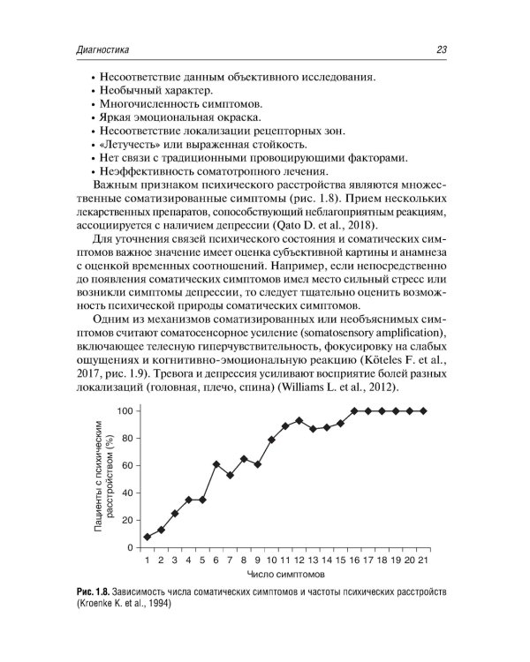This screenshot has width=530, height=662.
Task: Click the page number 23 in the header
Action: coord(439,50)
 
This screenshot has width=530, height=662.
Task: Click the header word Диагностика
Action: coord(104,50)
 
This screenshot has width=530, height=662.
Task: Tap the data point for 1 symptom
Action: coord(147,537)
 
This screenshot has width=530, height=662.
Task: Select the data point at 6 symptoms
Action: coord(216,464)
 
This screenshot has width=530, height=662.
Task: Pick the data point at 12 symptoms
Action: coord(299,420)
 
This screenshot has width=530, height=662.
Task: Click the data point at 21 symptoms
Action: coord(424,410)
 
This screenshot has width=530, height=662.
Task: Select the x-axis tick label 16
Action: coord(354,561)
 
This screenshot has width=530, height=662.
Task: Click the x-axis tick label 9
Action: coord(257,561)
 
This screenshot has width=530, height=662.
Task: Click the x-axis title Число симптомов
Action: coord(284,575)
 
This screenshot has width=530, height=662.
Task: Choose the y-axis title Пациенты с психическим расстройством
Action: coord(105,477)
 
